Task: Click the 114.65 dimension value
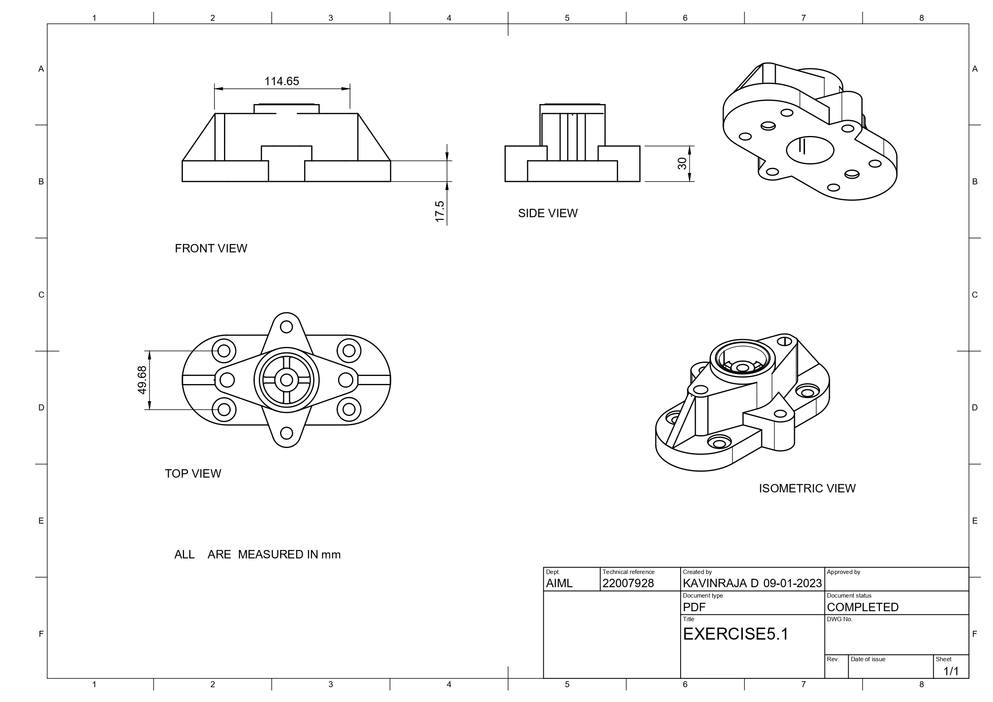point(282,81)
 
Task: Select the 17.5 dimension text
point(439,212)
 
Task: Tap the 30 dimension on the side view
point(682,164)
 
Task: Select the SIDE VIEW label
point(548,213)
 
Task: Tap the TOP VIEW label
point(193,474)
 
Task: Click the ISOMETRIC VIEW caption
point(807,488)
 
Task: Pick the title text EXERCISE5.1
point(735,634)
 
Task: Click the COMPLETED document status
point(863,607)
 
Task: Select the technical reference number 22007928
point(628,584)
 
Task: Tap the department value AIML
point(559,584)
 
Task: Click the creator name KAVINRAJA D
point(721,584)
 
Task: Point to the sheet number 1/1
point(951,671)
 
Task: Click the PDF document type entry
point(694,607)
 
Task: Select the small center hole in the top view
point(286,380)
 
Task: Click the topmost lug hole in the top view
point(286,326)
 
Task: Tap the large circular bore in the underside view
point(810,150)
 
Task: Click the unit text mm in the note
point(331,555)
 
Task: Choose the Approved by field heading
point(843,572)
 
